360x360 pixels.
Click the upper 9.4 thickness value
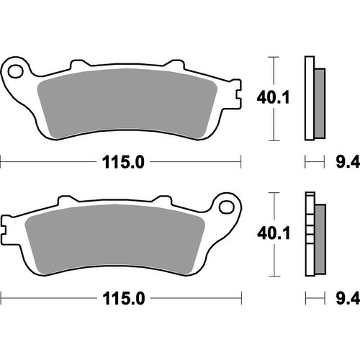[x=345, y=162]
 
